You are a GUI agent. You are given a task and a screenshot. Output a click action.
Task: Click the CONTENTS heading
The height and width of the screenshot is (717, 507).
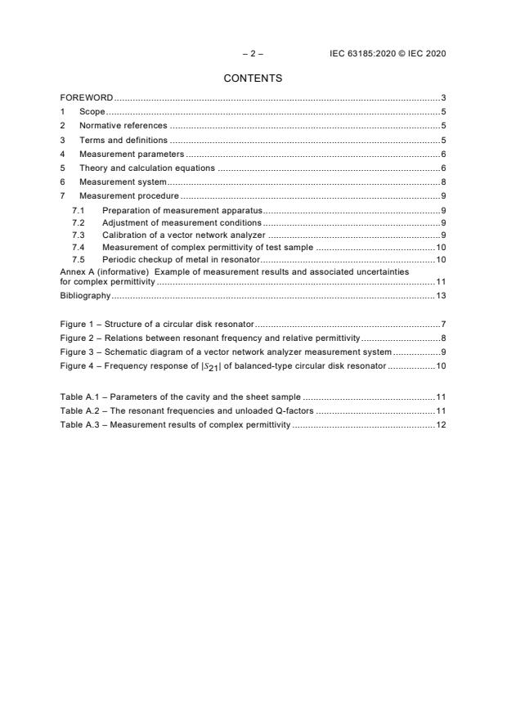pyautogui.click(x=253, y=78)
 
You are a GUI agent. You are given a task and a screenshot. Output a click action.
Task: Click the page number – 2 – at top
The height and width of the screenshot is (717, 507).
pyautogui.click(x=253, y=53)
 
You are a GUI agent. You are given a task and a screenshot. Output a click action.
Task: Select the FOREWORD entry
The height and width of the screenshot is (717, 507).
pyautogui.click(x=87, y=97)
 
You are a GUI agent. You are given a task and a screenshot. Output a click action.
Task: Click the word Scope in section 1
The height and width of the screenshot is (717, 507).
pyautogui.click(x=92, y=111)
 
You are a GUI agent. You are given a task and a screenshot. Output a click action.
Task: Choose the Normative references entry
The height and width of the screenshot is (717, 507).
pyautogui.click(x=123, y=126)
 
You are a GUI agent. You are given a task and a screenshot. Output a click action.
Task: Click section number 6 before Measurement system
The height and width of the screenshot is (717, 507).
pyautogui.click(x=63, y=181)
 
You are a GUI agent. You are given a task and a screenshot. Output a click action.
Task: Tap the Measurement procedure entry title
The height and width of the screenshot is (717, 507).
pyautogui.click(x=128, y=196)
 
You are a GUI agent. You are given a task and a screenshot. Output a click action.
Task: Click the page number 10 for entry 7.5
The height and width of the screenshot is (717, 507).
pyautogui.click(x=440, y=259)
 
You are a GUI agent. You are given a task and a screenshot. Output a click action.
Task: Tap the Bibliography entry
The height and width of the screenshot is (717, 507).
pyautogui.click(x=85, y=295)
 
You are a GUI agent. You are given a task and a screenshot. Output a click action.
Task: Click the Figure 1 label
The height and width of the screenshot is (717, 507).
pyautogui.click(x=79, y=325)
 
